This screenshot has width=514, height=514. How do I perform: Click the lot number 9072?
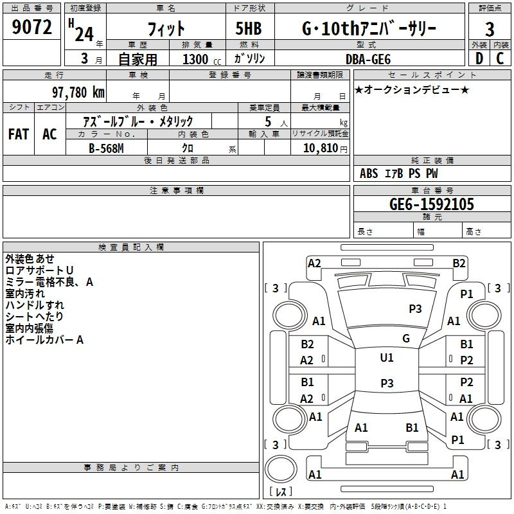click(x=31, y=27)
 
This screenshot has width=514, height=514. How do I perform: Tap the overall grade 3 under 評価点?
click(x=490, y=29)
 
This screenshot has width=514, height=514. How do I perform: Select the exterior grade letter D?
click(x=479, y=58)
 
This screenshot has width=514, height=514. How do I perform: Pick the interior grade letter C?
click(x=500, y=58)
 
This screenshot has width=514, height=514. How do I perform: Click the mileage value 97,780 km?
click(x=78, y=93)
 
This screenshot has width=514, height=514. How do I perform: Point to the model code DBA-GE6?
click(x=368, y=59)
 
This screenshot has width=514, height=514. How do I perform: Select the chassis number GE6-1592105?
click(x=431, y=204)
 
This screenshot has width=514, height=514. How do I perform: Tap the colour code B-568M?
click(x=106, y=148)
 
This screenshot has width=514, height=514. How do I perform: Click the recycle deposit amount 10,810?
click(x=320, y=148)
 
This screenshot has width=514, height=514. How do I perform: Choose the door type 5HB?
click(x=249, y=28)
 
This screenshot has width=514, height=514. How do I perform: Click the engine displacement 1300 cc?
click(x=202, y=59)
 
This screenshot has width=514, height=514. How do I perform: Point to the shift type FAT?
click(x=19, y=134)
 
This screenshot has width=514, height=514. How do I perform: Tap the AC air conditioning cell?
click(x=49, y=134)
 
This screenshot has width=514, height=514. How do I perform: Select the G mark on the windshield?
click(x=406, y=339)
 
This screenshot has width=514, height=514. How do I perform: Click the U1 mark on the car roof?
click(x=387, y=357)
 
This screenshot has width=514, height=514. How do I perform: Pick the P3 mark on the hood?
click(x=415, y=308)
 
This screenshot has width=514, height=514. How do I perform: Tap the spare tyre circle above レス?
click(x=281, y=469)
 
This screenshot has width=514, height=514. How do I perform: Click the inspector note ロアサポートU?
click(x=39, y=270)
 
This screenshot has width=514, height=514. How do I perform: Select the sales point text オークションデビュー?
click(x=412, y=89)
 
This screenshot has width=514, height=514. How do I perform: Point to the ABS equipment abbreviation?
click(x=369, y=173)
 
